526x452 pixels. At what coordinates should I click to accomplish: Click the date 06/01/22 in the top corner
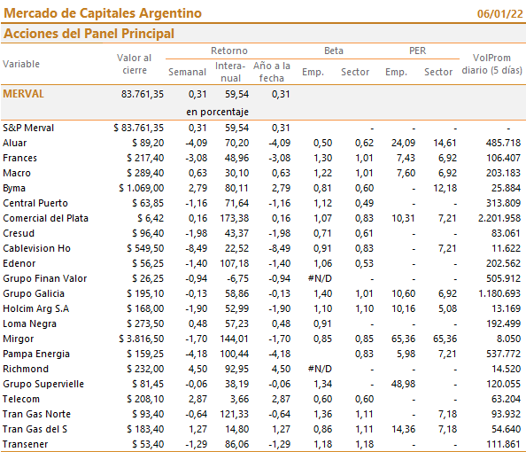(x=499, y=14)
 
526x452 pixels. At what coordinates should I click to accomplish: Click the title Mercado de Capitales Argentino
(x=103, y=13)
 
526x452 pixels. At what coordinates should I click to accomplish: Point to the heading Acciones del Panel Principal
(x=89, y=34)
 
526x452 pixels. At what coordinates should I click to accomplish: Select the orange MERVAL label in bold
(x=24, y=94)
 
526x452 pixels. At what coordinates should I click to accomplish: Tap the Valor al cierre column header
(x=135, y=64)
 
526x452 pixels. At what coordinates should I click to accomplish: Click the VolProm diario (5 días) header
(x=491, y=64)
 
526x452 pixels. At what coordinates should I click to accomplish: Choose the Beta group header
(x=334, y=51)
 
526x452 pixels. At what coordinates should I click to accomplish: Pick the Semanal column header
(x=187, y=72)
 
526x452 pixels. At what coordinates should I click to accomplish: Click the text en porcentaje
(x=217, y=112)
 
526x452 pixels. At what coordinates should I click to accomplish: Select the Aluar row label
(x=15, y=143)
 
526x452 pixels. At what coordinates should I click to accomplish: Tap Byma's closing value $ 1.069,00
(x=141, y=188)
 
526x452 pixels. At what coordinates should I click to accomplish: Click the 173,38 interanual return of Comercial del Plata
(x=235, y=218)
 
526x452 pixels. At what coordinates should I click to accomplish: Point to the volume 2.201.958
(x=499, y=218)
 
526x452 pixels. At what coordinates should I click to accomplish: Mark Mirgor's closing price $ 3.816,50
(x=141, y=339)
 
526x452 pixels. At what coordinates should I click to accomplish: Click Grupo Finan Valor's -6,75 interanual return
(x=238, y=278)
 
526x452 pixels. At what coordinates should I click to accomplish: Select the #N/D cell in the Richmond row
(x=320, y=369)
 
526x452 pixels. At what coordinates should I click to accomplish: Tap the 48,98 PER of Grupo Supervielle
(x=403, y=384)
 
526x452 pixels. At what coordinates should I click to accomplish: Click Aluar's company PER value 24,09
(x=403, y=143)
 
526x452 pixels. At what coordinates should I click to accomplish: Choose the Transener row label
(x=26, y=444)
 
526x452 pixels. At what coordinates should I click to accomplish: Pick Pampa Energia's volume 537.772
(x=504, y=354)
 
